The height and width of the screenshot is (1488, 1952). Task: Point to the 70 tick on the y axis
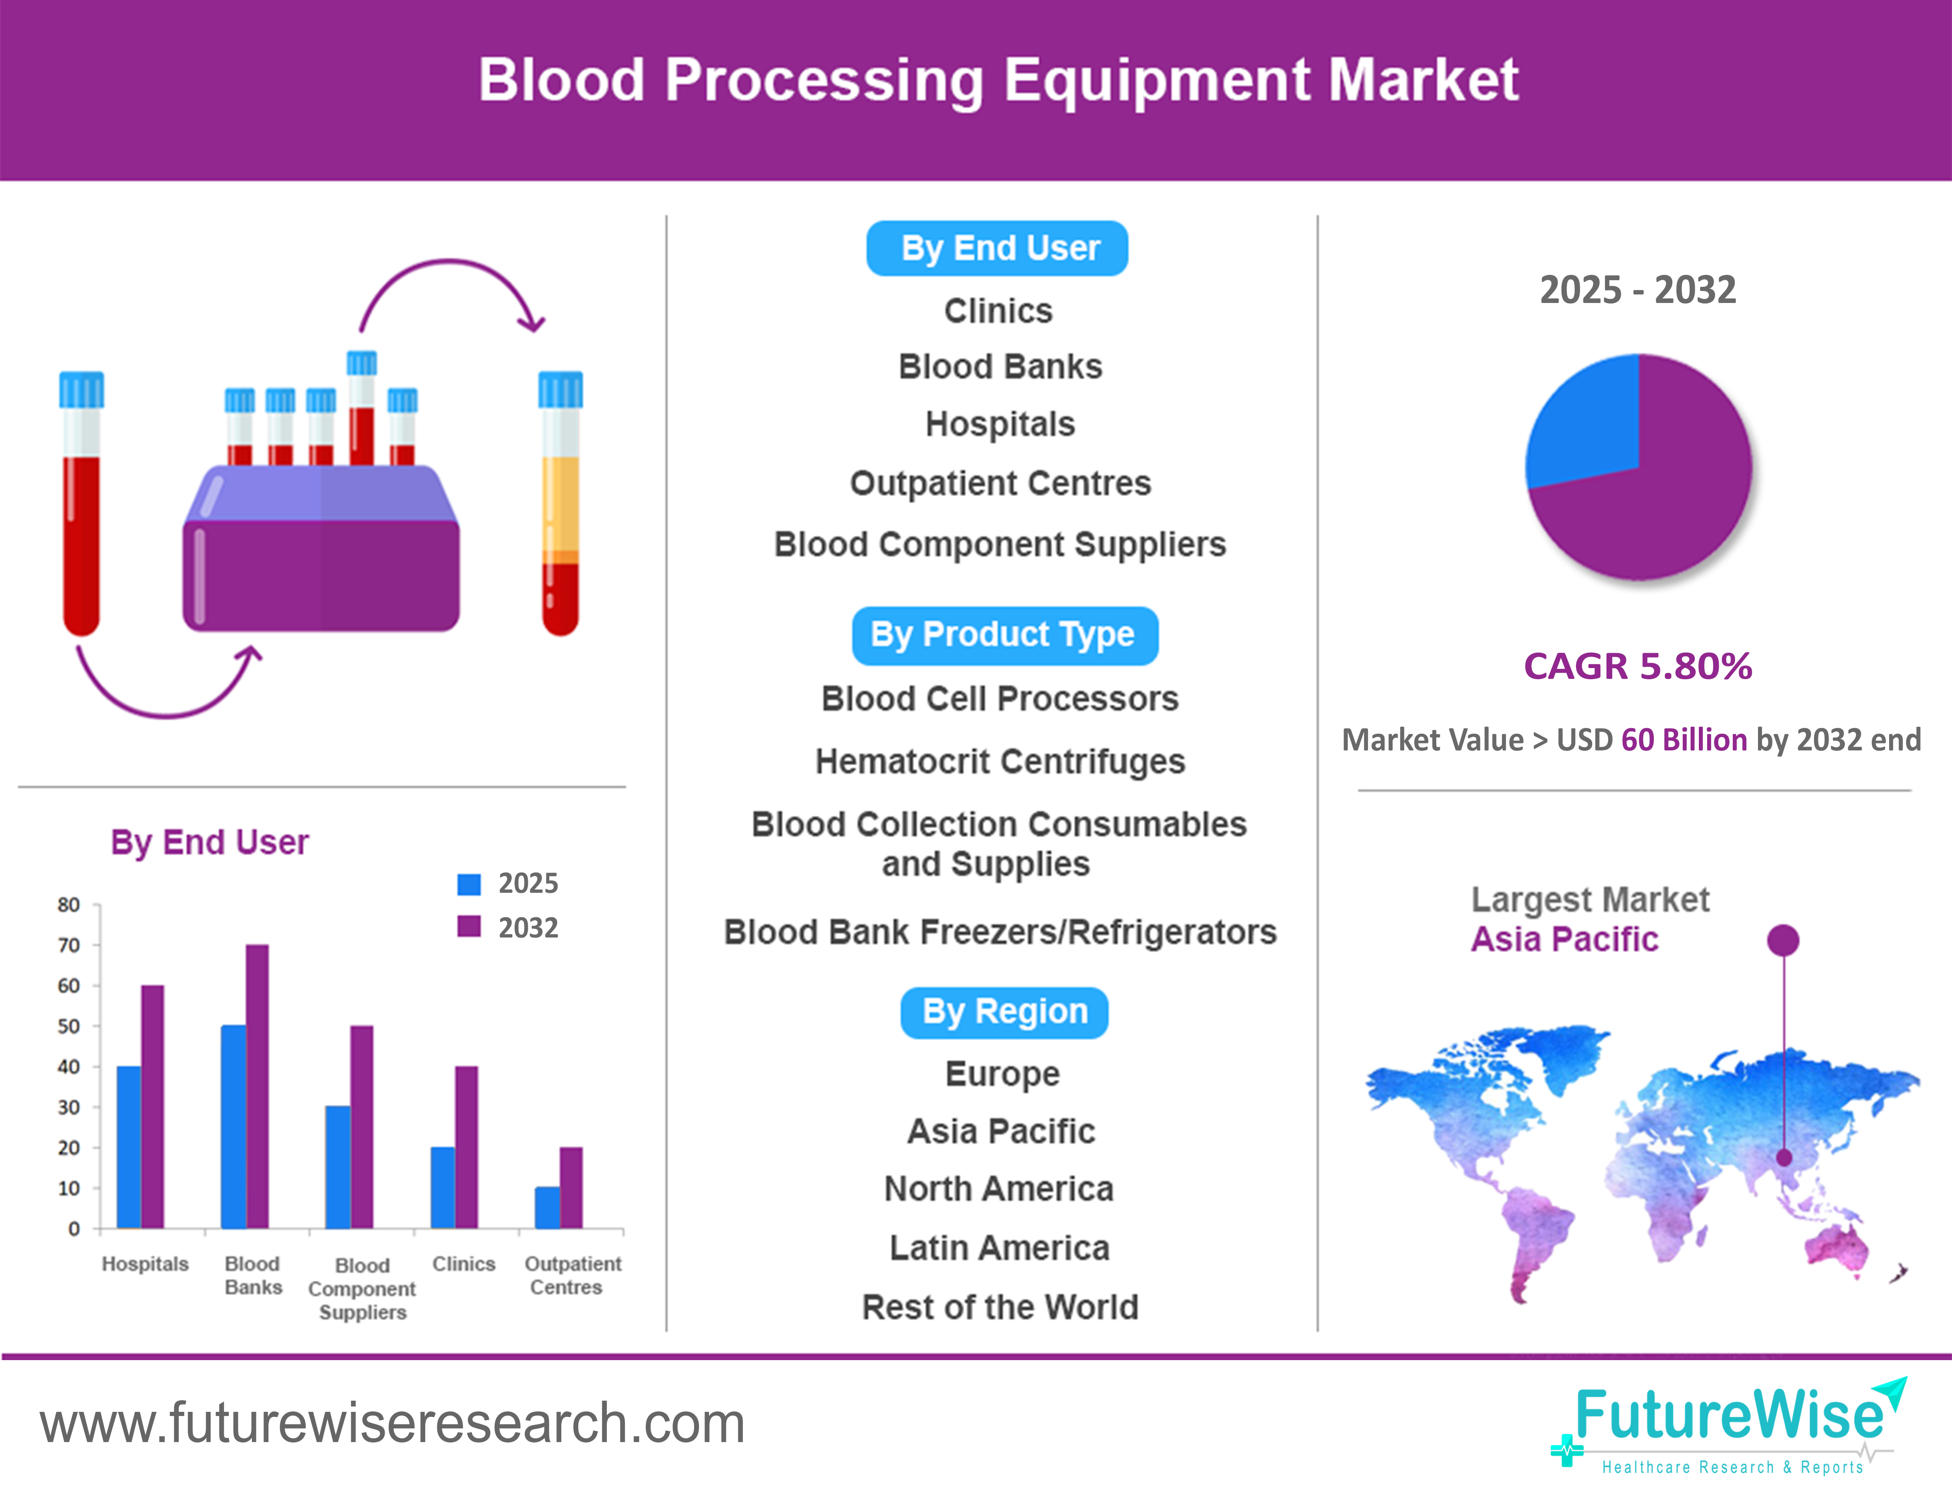pyautogui.click(x=69, y=945)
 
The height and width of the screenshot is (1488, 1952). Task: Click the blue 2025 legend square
pyautogui.click(x=468, y=884)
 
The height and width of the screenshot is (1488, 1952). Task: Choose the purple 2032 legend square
pyautogui.click(x=468, y=926)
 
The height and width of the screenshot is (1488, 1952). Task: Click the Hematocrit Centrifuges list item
pyautogui.click(x=999, y=762)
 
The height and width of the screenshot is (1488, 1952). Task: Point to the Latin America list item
pyautogui.click(x=999, y=1248)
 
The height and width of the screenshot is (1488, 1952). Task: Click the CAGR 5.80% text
pyautogui.click(x=1638, y=666)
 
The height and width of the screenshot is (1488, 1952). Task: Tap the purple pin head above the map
pyautogui.click(x=1783, y=940)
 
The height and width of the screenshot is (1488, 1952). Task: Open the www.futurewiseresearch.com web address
pyautogui.click(x=392, y=1423)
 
